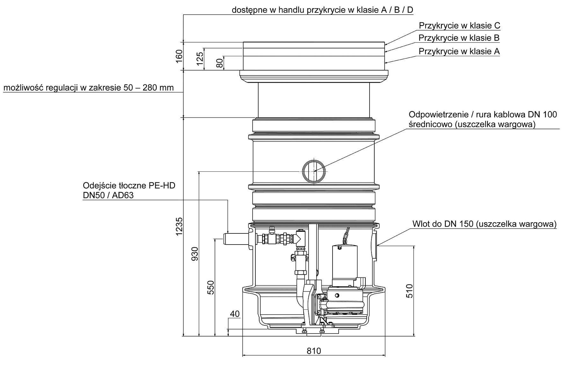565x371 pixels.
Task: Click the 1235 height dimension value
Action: [x=180, y=226]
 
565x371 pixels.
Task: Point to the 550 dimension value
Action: [x=211, y=287]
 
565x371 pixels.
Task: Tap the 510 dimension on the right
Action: [x=410, y=291]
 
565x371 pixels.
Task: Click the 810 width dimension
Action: [x=314, y=351]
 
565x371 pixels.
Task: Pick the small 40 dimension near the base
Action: [x=235, y=314]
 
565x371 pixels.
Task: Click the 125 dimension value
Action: [x=200, y=59]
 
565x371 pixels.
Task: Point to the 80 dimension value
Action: [x=220, y=63]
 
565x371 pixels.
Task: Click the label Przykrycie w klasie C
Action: [x=459, y=26]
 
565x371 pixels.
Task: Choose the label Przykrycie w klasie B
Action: [x=459, y=38]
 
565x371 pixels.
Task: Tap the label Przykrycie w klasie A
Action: [x=459, y=51]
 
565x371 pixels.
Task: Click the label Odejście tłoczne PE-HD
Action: [x=129, y=185]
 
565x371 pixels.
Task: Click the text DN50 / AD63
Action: [x=108, y=195]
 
